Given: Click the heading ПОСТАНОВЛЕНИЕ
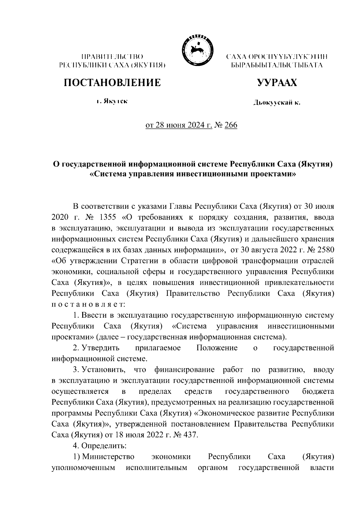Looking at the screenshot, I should (112, 82).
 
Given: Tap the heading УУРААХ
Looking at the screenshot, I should (277, 82).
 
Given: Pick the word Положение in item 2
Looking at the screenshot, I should (217, 348).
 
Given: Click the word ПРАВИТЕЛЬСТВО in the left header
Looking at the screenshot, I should (112, 56).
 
